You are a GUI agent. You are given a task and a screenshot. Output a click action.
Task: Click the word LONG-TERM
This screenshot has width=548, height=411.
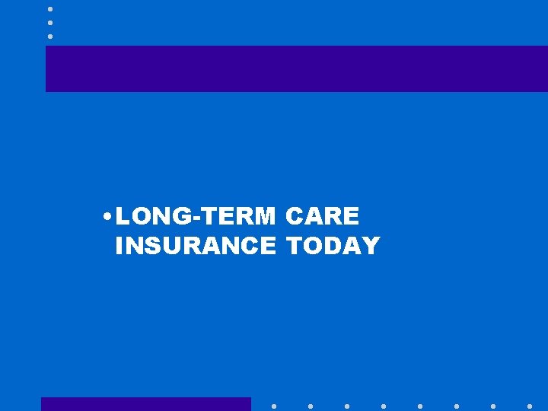pyautogui.click(x=196, y=217)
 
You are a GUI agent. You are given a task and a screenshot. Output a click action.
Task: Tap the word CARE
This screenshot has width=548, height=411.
pyautogui.click(x=322, y=217)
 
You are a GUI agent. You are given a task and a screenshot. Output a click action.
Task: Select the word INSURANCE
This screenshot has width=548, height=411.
pyautogui.click(x=196, y=246)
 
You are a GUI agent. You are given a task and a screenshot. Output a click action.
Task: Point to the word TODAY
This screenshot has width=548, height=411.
pyautogui.click(x=333, y=246)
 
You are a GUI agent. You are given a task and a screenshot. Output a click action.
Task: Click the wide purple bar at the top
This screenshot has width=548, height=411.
pyautogui.click(x=297, y=68)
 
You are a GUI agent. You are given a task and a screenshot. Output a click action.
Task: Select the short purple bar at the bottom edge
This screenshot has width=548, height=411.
pyautogui.click(x=145, y=404)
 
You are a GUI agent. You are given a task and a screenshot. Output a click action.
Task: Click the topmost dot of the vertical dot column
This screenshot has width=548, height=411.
pyautogui.click(x=50, y=8)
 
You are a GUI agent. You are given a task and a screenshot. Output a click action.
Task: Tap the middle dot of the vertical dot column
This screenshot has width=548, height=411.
pyautogui.click(x=50, y=22)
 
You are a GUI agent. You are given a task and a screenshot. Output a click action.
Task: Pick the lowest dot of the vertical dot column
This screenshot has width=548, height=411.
pyautogui.click(x=50, y=36)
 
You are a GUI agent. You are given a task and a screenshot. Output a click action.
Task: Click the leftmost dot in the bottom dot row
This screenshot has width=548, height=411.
pyautogui.click(x=274, y=406)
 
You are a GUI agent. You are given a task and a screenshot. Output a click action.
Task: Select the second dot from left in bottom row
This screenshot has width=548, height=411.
pyautogui.click(x=311, y=406)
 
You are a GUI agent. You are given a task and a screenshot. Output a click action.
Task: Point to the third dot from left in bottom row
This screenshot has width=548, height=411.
pyautogui.click(x=347, y=406)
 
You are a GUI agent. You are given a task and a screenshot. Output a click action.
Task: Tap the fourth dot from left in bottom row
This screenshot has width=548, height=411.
pyautogui.click(x=384, y=406)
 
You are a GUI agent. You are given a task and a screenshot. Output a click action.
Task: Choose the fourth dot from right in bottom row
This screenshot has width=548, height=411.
pyautogui.click(x=420, y=406)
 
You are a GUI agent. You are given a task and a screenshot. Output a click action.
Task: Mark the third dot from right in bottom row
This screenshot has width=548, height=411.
pyautogui.click(x=457, y=406)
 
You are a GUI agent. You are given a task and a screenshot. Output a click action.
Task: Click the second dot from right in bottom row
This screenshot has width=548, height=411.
pyautogui.click(x=493, y=406)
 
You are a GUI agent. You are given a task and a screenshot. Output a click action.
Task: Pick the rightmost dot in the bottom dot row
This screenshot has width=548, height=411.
pyautogui.click(x=530, y=406)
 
